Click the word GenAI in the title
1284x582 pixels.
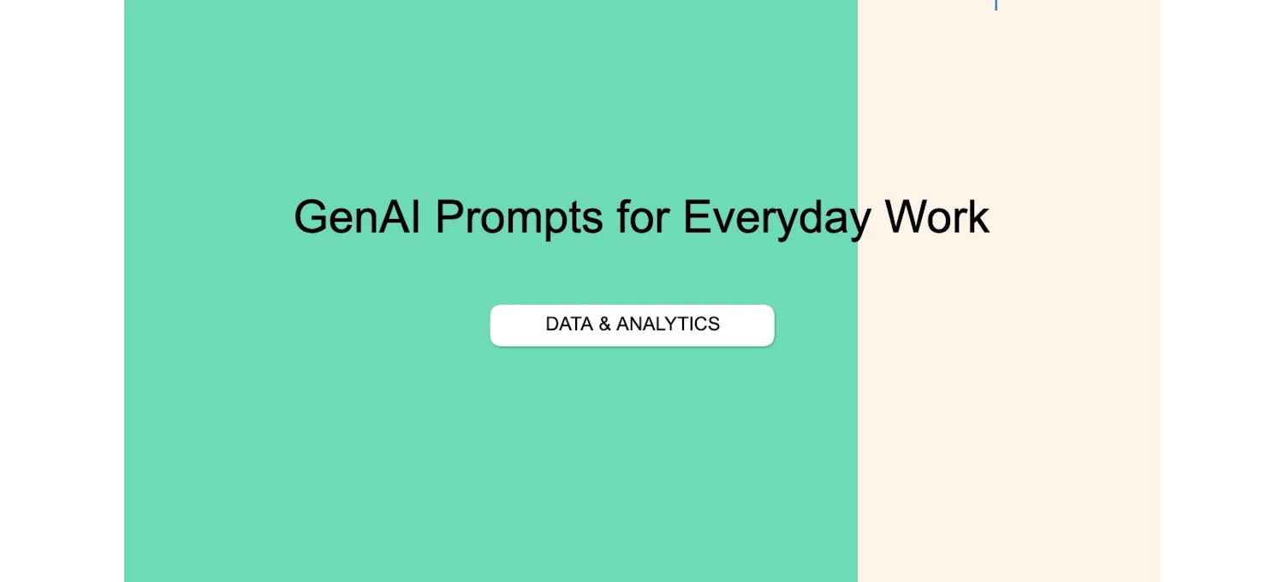[x=357, y=217]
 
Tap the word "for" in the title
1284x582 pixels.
[x=643, y=216]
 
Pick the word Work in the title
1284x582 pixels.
[x=937, y=217]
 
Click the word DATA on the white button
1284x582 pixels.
[x=569, y=324]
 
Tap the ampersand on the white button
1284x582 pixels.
[x=604, y=324]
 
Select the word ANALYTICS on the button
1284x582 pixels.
[x=668, y=324]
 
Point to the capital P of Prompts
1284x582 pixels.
[x=450, y=217]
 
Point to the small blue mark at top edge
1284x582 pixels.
[x=996, y=5]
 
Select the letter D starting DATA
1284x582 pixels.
[x=553, y=324]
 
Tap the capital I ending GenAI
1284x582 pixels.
[x=415, y=217]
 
